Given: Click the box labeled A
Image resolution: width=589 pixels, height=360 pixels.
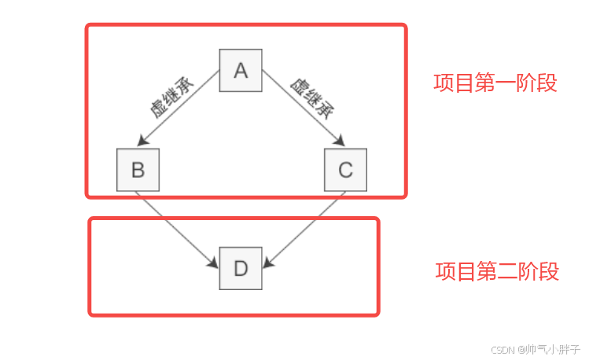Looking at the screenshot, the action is (241, 71).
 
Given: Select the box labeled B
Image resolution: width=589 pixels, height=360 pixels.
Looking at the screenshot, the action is (138, 170).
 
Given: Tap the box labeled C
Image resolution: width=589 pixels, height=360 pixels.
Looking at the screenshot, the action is (345, 170).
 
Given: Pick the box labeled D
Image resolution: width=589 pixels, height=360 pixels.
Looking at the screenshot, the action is (241, 268).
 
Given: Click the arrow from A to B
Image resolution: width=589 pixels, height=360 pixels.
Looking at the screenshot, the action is (179, 108).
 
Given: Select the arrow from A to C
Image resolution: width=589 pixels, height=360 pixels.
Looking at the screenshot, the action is (302, 108).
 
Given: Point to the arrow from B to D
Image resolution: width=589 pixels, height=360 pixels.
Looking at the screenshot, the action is (177, 228).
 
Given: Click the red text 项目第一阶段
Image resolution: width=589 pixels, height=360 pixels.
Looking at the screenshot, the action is (495, 83).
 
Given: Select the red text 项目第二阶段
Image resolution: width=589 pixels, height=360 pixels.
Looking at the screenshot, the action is (497, 272).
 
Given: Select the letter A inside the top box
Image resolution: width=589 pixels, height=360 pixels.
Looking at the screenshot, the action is (241, 71).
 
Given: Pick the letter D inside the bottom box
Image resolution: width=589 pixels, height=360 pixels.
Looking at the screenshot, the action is (241, 268).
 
